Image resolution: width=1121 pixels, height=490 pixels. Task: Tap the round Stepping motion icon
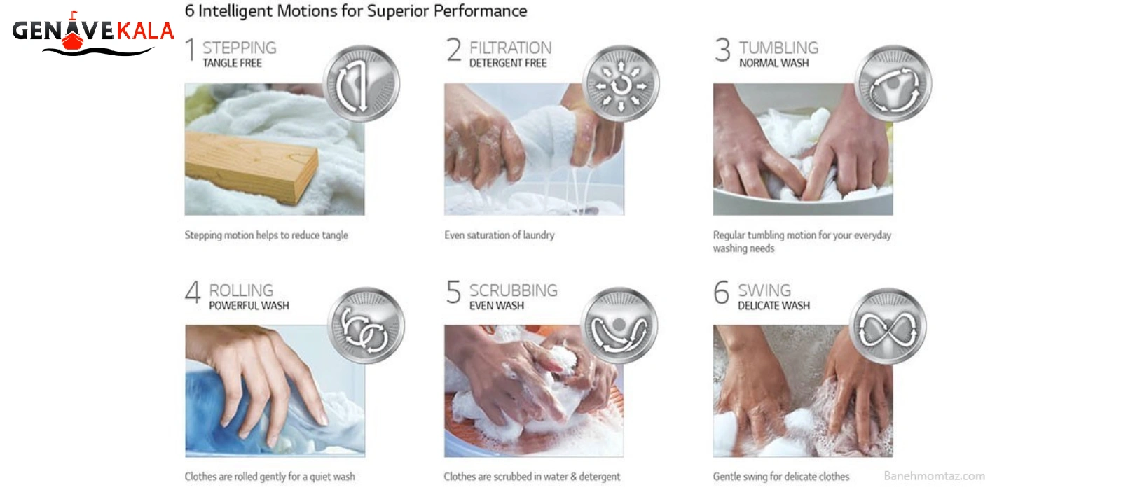pyautogui.click(x=362, y=83)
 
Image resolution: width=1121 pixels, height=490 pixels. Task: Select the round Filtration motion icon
pyautogui.click(x=621, y=83)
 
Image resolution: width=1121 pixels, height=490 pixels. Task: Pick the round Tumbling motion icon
pyautogui.click(x=893, y=83)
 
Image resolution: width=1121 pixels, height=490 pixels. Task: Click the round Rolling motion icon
pyautogui.click(x=366, y=325)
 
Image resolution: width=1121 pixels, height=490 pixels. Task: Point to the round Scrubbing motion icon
pyautogui.click(x=619, y=325)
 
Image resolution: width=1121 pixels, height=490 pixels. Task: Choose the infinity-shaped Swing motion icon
pyautogui.click(x=888, y=326)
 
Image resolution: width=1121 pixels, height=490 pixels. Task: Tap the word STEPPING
pyautogui.click(x=239, y=48)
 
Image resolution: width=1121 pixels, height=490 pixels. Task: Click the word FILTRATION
pyautogui.click(x=511, y=48)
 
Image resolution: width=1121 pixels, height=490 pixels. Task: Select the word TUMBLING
pyautogui.click(x=778, y=48)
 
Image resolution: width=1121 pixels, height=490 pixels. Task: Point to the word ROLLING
pyautogui.click(x=241, y=290)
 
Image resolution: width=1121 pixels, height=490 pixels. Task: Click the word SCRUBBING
pyautogui.click(x=513, y=290)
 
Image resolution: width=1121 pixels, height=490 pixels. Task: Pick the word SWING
pyautogui.click(x=764, y=290)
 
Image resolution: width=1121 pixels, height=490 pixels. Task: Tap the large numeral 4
pyautogui.click(x=193, y=292)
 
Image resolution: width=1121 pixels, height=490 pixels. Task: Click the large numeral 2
pyautogui.click(x=454, y=50)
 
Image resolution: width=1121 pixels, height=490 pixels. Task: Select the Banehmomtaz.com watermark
pyautogui.click(x=934, y=476)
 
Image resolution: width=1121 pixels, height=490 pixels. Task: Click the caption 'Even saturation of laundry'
pyautogui.click(x=500, y=235)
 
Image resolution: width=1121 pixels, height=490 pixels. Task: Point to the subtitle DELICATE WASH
pyautogui.click(x=773, y=305)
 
